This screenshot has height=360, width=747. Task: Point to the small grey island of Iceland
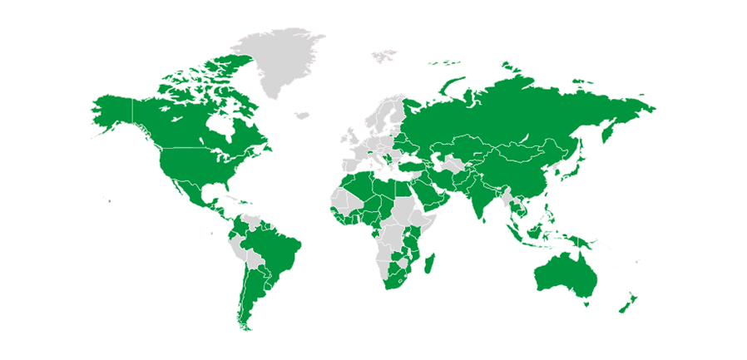pyautogui.click(x=302, y=115)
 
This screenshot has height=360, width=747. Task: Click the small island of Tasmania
pyautogui.click(x=586, y=304)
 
